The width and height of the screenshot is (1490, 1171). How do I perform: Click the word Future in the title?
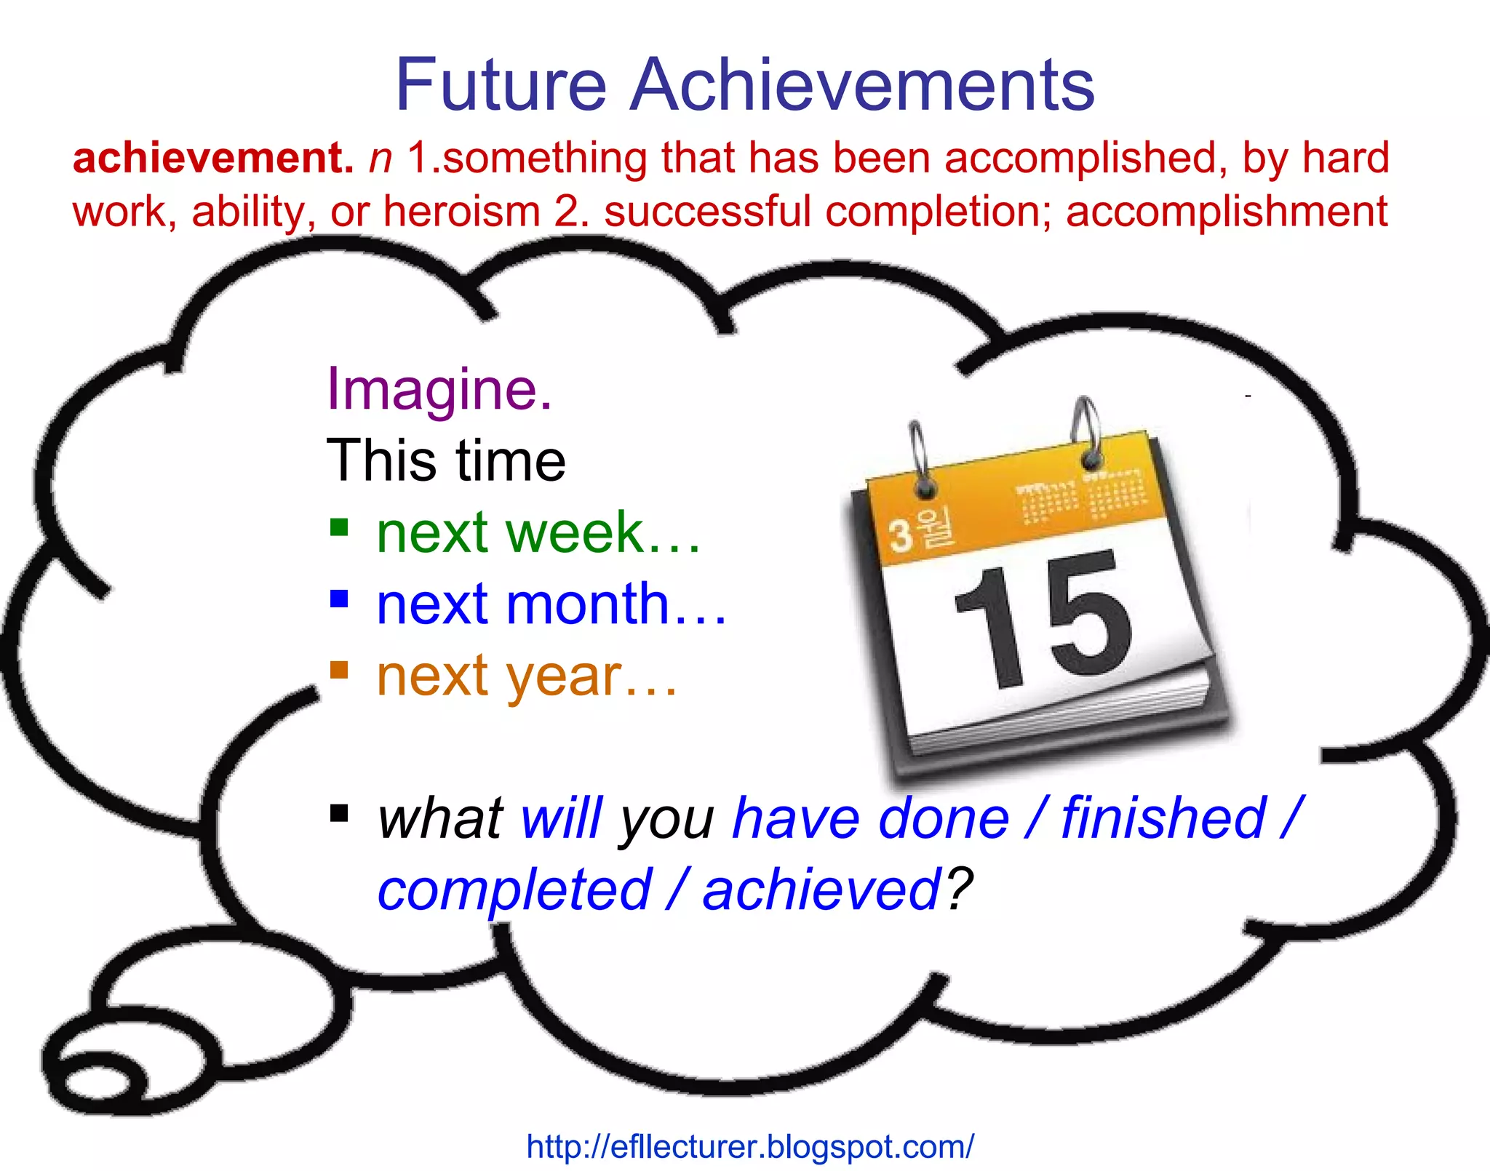(x=501, y=85)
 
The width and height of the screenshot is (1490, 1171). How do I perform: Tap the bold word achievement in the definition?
(x=212, y=158)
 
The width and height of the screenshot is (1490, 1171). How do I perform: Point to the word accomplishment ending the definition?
(x=1227, y=212)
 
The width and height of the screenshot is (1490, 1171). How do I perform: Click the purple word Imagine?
(x=439, y=389)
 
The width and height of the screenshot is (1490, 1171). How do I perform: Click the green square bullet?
(x=339, y=527)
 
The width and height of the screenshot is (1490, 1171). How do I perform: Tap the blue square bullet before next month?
(x=339, y=598)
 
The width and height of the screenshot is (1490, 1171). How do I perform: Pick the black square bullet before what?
(x=339, y=812)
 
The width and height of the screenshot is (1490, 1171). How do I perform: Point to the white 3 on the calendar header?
(x=901, y=537)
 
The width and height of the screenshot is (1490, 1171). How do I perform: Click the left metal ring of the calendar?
(x=919, y=458)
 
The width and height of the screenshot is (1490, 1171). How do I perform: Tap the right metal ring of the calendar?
(x=1086, y=433)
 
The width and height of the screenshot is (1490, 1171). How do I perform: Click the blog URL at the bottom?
(x=749, y=1147)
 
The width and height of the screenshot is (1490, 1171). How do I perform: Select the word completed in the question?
(x=514, y=890)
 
